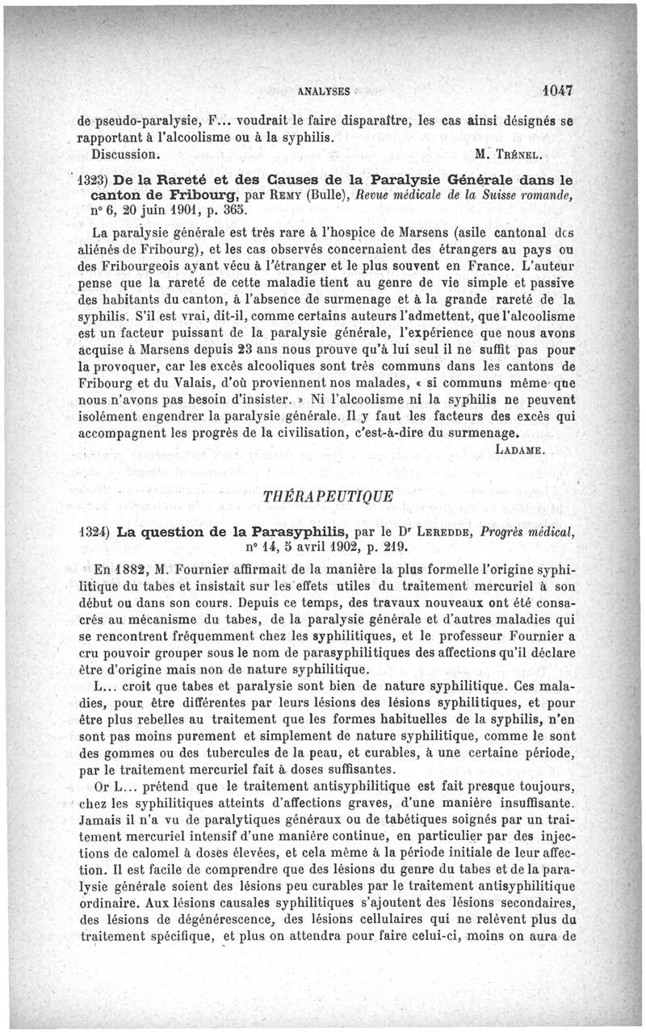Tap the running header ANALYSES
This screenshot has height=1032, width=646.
[x=323, y=90]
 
